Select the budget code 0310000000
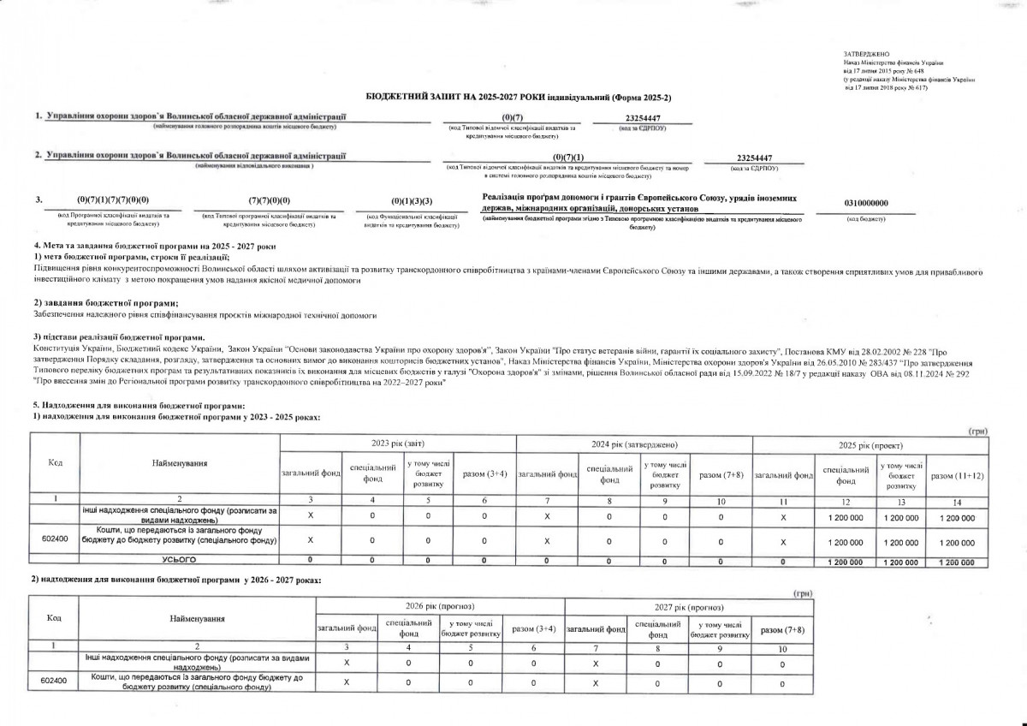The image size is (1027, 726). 865,202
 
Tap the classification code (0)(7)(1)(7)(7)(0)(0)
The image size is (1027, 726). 113,200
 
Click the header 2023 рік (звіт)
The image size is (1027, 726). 398,444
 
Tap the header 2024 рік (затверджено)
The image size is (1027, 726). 634,444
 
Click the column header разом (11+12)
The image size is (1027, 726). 956,474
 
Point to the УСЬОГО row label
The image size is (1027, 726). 180,560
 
